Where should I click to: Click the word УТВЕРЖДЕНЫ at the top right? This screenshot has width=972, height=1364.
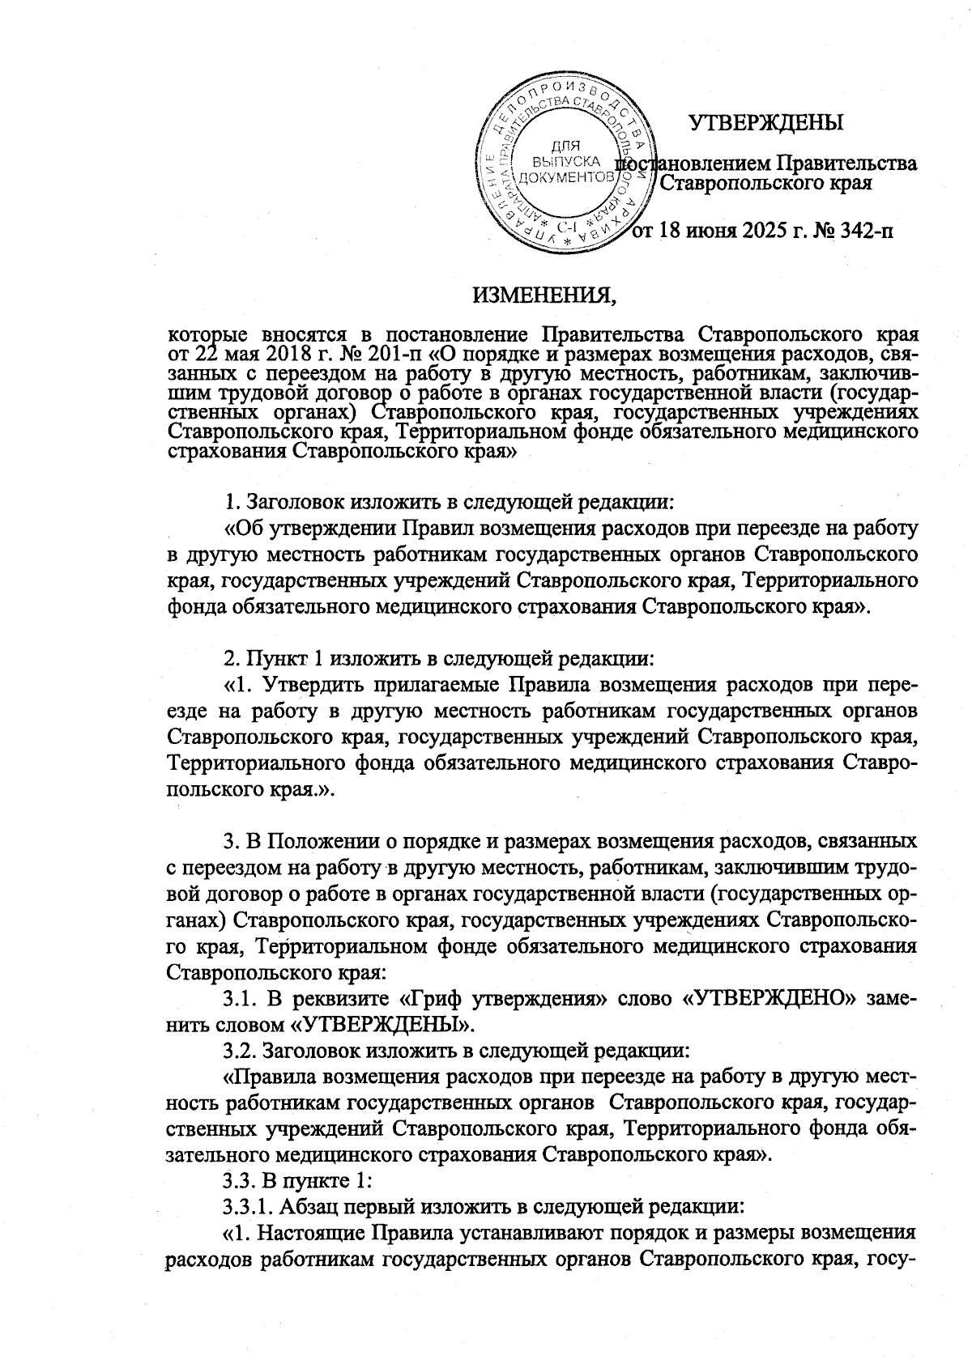(765, 123)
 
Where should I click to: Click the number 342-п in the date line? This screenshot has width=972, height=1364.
(860, 233)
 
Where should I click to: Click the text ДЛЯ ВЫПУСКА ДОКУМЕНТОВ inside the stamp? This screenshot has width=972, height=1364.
(565, 161)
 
